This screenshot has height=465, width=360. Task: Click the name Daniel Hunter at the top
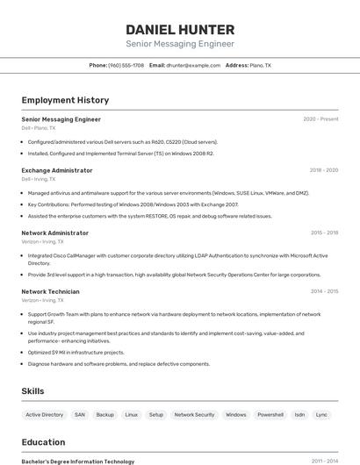pyautogui.click(x=179, y=30)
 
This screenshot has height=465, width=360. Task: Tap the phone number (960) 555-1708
pyautogui.click(x=126, y=65)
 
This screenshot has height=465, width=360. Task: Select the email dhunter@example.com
pyautogui.click(x=193, y=65)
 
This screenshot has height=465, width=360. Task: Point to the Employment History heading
pyautogui.click(x=65, y=100)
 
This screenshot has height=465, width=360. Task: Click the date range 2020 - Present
pyautogui.click(x=320, y=119)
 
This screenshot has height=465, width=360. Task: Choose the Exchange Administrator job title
pyautogui.click(x=57, y=170)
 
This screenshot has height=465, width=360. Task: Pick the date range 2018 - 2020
pyautogui.click(x=323, y=170)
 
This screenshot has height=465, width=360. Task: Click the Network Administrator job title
pyautogui.click(x=54, y=233)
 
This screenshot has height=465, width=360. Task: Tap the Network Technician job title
pyautogui.click(x=50, y=291)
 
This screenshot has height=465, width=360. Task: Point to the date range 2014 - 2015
pyautogui.click(x=324, y=291)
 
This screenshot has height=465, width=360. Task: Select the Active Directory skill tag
pyautogui.click(x=44, y=414)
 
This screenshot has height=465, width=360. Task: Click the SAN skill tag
pyautogui.click(x=80, y=414)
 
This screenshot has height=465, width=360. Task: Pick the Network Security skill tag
pyautogui.click(x=194, y=414)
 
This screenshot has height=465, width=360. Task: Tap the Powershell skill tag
pyautogui.click(x=270, y=414)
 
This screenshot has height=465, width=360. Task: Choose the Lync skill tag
pyautogui.click(x=322, y=414)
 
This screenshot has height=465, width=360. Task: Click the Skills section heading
pyautogui.click(x=32, y=391)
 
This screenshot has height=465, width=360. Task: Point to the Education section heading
pyautogui.click(x=43, y=442)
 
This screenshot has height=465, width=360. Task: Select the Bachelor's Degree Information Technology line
pyautogui.click(x=78, y=461)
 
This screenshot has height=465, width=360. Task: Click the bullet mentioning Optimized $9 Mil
pyautogui.click(x=76, y=352)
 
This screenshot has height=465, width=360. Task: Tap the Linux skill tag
pyautogui.click(x=132, y=414)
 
